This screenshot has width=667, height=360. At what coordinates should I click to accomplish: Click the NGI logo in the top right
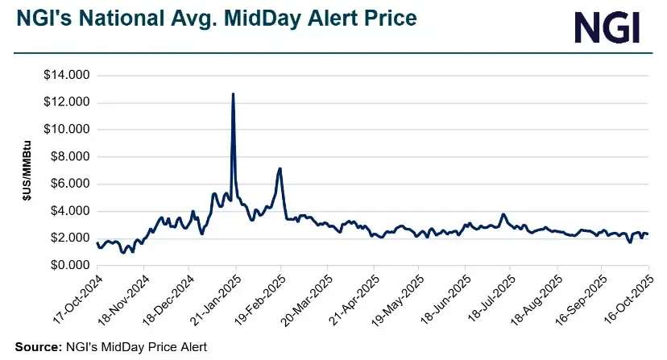point(608,27)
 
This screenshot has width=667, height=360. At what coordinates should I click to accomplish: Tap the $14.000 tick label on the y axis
point(68,76)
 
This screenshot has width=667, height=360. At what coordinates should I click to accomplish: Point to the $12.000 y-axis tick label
point(68,102)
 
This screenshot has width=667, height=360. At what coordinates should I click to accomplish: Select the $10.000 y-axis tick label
point(68,130)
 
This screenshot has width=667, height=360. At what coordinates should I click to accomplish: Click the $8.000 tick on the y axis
point(70,157)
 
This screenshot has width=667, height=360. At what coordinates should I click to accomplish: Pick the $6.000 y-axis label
point(70,184)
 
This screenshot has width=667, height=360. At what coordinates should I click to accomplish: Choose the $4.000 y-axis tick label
point(70,211)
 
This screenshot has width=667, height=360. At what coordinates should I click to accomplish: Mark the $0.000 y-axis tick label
point(70,265)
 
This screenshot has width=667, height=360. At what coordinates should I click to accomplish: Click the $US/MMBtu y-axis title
point(27,170)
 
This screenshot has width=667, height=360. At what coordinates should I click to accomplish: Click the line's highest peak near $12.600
point(233,94)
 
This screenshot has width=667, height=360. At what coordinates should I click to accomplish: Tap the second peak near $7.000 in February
point(280,169)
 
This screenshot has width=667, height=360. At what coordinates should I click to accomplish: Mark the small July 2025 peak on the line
point(503,214)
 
